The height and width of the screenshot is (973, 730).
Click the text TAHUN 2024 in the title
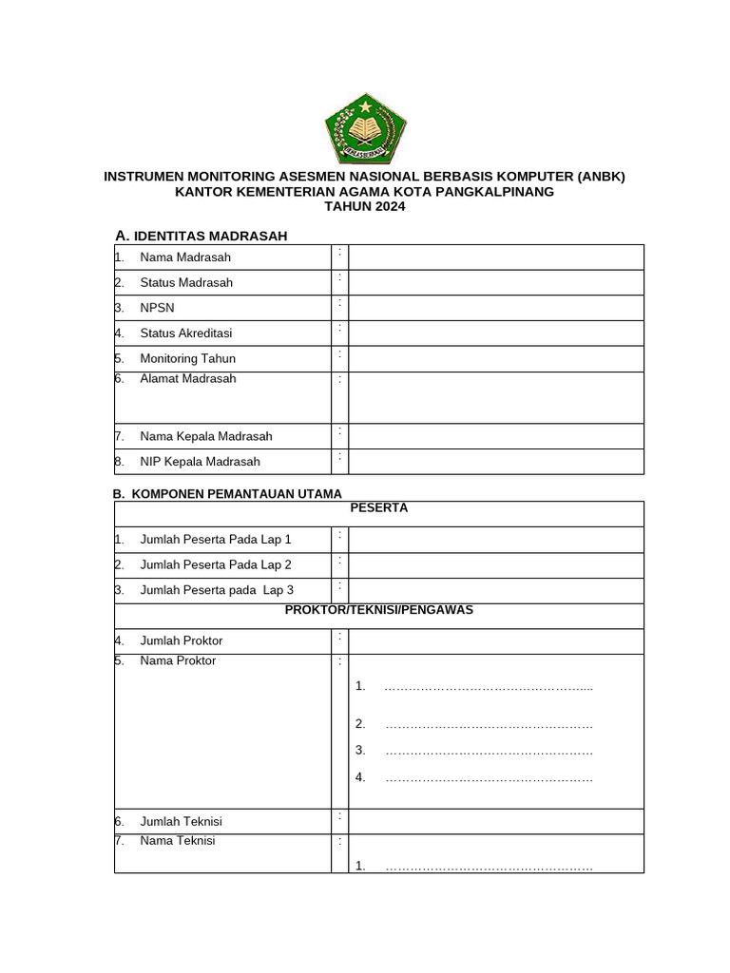click(x=364, y=206)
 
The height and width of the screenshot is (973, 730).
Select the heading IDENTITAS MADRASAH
click(x=210, y=236)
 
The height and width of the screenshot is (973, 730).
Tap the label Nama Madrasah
click(x=184, y=258)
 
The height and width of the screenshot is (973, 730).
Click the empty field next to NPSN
click(x=495, y=308)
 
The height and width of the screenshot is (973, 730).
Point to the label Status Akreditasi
click(x=185, y=334)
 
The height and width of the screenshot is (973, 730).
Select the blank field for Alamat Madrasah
click(x=495, y=397)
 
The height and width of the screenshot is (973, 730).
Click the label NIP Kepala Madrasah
click(x=200, y=462)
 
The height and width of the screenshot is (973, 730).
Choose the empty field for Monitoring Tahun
click(x=495, y=359)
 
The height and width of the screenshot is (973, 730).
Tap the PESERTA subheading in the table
click(x=378, y=508)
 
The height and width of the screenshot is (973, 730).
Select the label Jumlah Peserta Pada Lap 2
click(x=216, y=565)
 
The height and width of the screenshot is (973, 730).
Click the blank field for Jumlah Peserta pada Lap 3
click(x=495, y=590)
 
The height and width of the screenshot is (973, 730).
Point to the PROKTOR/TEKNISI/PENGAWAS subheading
click(x=378, y=610)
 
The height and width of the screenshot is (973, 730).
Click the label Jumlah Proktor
click(x=182, y=641)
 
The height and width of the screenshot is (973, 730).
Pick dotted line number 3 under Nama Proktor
click(x=488, y=751)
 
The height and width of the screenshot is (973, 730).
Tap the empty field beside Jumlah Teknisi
click(x=495, y=821)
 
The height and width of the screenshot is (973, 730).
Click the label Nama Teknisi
click(x=178, y=841)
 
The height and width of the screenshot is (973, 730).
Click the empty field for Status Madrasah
click(x=495, y=282)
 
